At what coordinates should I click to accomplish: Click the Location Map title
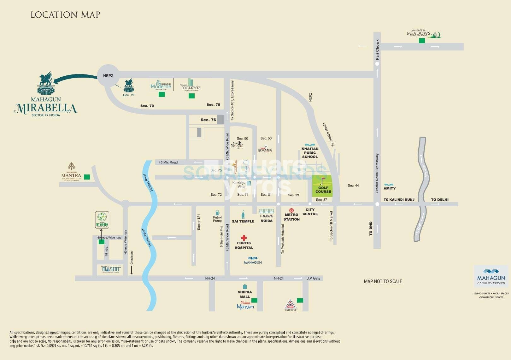(x=65, y=15)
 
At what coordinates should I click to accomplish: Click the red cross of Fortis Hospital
(x=244, y=238)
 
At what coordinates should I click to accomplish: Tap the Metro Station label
(x=291, y=217)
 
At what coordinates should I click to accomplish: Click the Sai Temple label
(x=243, y=221)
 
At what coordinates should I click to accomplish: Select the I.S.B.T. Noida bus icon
(x=267, y=211)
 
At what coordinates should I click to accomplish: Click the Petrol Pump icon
(x=217, y=213)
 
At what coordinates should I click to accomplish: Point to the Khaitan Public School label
(x=310, y=153)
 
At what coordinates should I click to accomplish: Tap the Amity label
(x=390, y=188)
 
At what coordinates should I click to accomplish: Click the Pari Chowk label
(x=377, y=50)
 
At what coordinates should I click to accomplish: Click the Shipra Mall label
(x=244, y=294)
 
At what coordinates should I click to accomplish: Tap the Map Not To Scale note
(x=383, y=281)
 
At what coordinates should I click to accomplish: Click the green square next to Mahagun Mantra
(x=87, y=177)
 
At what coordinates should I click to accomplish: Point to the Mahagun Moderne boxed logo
(x=161, y=85)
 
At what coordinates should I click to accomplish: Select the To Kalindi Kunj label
(x=399, y=200)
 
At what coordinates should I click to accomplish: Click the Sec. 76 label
(x=208, y=120)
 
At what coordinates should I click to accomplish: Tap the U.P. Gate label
(x=313, y=278)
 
